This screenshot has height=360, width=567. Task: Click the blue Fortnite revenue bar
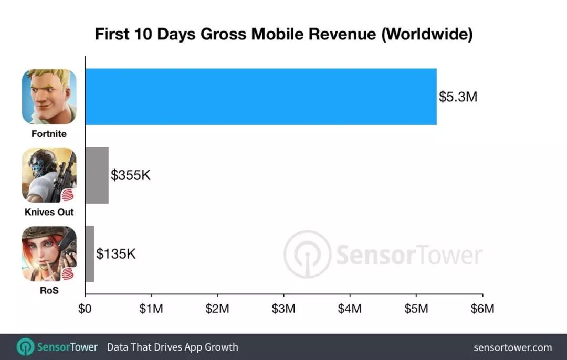260,97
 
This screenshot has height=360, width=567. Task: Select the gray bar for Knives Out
97,175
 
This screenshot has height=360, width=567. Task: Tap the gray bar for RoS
89,254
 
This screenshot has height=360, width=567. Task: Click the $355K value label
130,175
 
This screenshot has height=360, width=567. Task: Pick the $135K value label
115,254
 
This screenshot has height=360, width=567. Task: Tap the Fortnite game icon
49,97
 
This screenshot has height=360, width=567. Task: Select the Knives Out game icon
49,175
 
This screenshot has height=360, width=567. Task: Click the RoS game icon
49,254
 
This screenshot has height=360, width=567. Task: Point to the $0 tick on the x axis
85,309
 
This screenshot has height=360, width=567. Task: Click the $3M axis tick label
283,309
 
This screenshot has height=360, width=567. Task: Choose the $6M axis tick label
482,309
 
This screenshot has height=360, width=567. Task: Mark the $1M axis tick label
151,309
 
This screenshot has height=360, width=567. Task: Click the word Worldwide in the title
426,35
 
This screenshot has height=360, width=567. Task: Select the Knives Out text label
49,213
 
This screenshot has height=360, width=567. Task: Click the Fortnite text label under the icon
49,134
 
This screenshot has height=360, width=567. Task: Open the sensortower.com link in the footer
512,347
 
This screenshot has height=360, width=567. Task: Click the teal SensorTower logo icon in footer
25,347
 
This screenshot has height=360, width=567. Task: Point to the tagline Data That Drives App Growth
172,347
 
